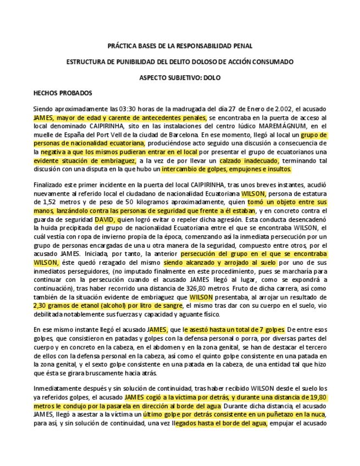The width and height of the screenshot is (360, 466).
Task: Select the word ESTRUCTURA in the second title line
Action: (86, 62)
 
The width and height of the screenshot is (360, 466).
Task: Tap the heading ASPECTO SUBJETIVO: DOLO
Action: (180, 77)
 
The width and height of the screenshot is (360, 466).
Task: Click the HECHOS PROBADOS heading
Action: (63, 93)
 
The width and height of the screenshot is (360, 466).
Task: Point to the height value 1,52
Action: (49, 202)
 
